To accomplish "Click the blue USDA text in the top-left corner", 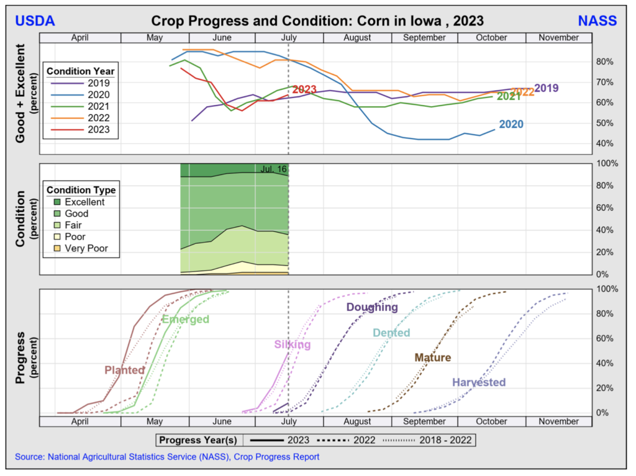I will (35, 21).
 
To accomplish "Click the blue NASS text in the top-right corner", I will (597, 21).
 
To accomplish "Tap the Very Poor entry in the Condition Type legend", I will (85, 248).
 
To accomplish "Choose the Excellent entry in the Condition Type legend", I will (84, 202).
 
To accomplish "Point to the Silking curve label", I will (292, 344).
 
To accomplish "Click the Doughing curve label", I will (372, 307).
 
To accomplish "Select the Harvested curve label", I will (478, 382).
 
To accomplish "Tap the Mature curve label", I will (432, 357).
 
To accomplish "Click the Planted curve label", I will (124, 370).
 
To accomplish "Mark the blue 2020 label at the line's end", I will (511, 124).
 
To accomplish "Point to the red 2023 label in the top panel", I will (304, 89).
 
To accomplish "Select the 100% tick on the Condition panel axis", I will (607, 163).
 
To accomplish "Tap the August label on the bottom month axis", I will (357, 421).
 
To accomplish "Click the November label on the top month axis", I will (559, 37).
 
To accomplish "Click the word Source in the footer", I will (29, 457).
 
